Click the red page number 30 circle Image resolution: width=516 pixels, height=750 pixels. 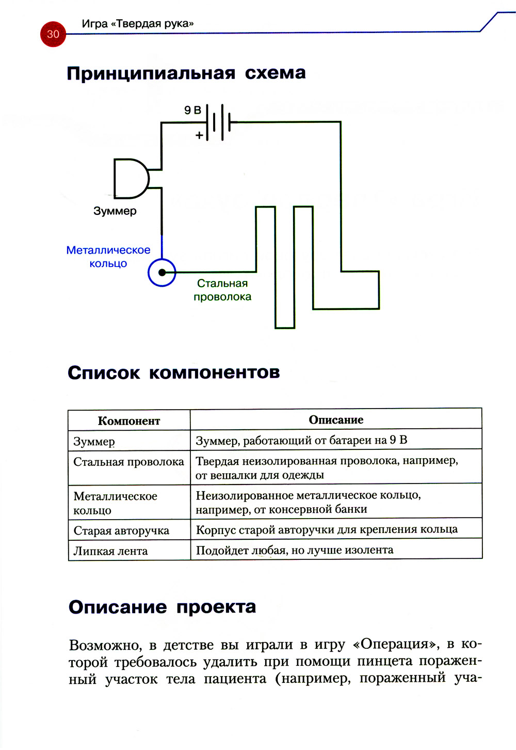pos(53,34)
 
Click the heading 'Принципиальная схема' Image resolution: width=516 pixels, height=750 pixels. pos(186,73)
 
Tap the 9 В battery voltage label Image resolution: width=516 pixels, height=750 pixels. pos(192,110)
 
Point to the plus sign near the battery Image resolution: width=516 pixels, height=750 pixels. pos(199,136)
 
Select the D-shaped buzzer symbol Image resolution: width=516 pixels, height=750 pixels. pos(131,179)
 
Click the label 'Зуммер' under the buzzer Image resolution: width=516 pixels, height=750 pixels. pos(115,211)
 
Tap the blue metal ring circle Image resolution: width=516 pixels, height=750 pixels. pos(162,272)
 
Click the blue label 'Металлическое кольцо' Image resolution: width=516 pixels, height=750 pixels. pos(108,257)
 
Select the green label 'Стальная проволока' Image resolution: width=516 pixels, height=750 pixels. pos(222,290)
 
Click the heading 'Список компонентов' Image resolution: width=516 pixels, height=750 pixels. pos(173,372)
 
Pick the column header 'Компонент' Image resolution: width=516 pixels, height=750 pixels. pos(129,421)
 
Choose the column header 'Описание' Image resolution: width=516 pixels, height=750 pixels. pos(336,420)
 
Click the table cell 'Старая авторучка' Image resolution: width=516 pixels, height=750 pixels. pos(121,530)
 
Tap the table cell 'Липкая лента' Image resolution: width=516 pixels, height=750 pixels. pos(110,551)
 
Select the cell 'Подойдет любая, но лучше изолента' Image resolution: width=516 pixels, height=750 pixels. pos(295,550)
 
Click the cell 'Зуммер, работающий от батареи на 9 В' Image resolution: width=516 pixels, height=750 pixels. pos(301,440)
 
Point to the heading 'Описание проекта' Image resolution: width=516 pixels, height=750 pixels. pos(162,607)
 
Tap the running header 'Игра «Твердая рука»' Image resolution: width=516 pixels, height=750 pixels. pos(138,24)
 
